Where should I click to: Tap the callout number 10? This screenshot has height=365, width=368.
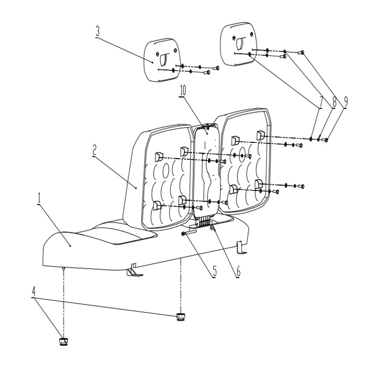(182, 90)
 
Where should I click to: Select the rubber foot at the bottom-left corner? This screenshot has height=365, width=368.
(63, 341)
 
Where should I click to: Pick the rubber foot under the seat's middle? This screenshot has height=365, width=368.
(181, 316)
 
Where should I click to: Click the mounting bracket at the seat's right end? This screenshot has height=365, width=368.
(241, 247)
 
